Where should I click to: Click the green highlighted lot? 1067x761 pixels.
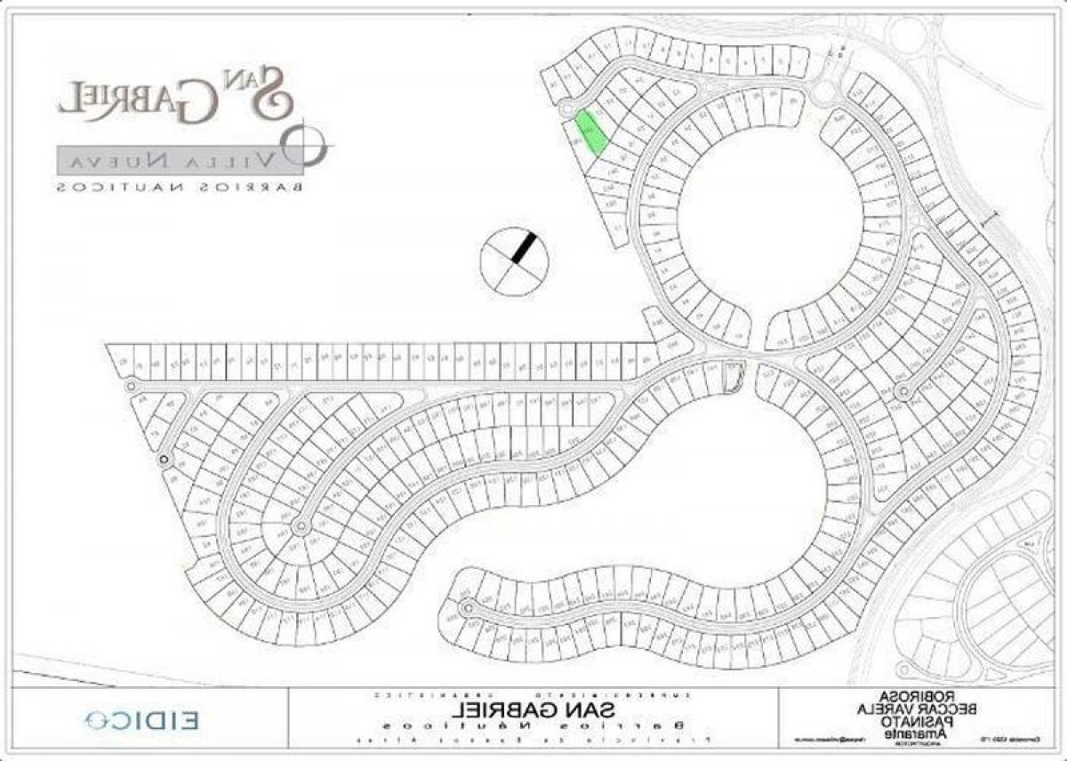pyautogui.click(x=590, y=133)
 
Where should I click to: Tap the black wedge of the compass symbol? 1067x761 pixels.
pyautogui.click(x=525, y=245)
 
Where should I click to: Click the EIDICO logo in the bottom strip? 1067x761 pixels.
pyautogui.click(x=142, y=718)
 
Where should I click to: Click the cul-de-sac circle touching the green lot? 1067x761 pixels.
pyautogui.click(x=566, y=108)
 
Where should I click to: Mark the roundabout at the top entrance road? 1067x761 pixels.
pyautogui.click(x=825, y=91)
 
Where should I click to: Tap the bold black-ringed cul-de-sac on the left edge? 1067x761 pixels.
pyautogui.click(x=164, y=460)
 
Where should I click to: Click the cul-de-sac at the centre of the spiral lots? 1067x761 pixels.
pyautogui.click(x=301, y=526)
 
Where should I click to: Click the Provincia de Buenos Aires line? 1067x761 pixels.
pyautogui.click(x=533, y=740)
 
